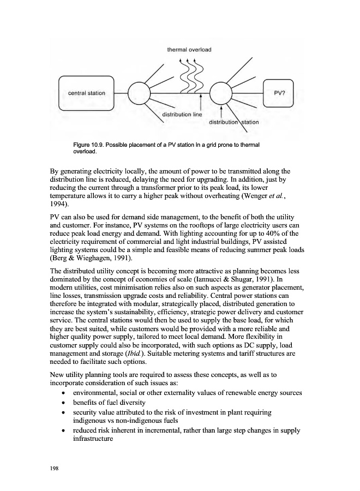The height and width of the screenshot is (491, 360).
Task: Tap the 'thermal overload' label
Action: pyautogui.click(x=189, y=50)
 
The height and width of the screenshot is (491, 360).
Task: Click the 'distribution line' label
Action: pyautogui.click(x=182, y=115)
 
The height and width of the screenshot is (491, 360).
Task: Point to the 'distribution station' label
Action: pyautogui.click(x=234, y=122)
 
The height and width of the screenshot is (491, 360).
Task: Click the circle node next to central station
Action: pyautogui.click(x=139, y=93)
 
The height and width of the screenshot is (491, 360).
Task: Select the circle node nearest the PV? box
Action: pyautogui.click(x=221, y=93)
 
